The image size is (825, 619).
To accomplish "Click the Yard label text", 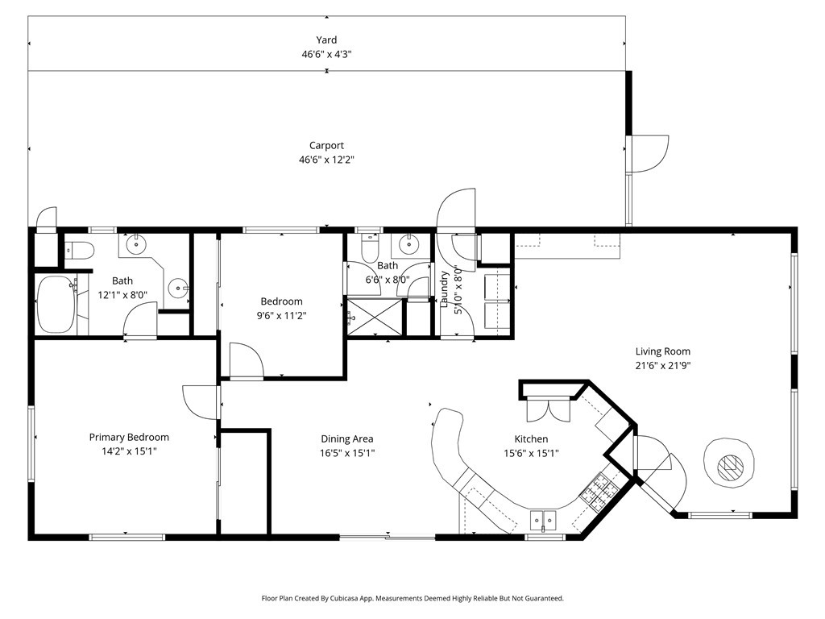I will coord(326,39).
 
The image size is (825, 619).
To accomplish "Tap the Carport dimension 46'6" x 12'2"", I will coord(326,160).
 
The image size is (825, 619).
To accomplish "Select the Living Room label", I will coord(662,351).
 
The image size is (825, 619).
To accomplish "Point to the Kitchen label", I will coord(531,439).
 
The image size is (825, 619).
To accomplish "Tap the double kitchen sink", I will coord(544,519).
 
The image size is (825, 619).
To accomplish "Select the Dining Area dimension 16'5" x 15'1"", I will coord(346,452).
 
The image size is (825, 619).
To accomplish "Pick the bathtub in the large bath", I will coord(55,305).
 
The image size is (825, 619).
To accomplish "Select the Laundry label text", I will coord(444,289).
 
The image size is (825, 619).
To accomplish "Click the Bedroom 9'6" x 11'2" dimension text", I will coord(281,315).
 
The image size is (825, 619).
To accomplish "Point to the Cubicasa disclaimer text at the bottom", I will coord(412,598).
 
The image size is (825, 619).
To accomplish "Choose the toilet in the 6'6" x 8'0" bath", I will coord(369,247).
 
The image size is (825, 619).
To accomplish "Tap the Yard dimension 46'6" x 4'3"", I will coord(326,54).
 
